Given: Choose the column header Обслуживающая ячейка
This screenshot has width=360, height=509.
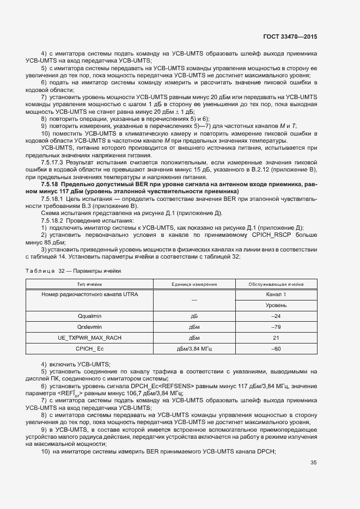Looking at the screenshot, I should tap(276, 284).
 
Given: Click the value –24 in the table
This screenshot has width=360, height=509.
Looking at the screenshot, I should tap(276, 316).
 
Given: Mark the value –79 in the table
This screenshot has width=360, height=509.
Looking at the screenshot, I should tap(276, 327).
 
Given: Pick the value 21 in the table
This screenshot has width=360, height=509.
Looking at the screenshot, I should tap(276, 338).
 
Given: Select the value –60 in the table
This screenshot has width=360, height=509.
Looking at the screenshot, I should tap(276, 348).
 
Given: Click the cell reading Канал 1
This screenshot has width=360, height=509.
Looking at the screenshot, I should tap(276, 295).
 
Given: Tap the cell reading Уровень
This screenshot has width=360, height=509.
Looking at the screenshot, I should tap(276, 305).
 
